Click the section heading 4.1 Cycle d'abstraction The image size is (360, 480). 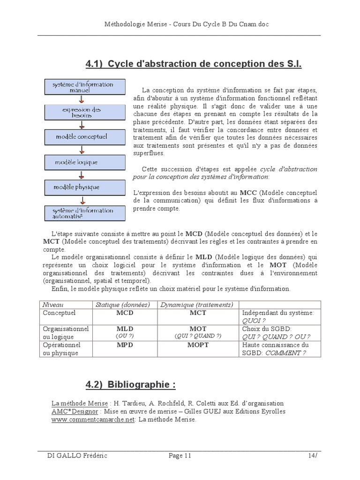[x=194, y=64]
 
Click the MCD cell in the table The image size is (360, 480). [x=125, y=313]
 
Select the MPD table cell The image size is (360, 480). [x=125, y=345]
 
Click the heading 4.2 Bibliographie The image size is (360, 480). [x=131, y=385]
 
